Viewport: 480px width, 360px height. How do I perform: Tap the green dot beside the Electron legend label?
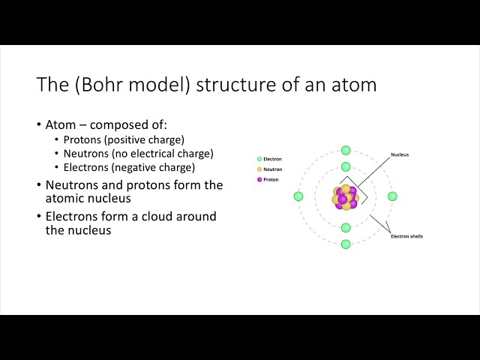tap(259, 159)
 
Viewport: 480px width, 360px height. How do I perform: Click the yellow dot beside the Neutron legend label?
tap(259, 169)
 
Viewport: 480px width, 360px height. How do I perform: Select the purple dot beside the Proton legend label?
tap(259, 180)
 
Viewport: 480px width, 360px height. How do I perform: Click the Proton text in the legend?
tap(271, 180)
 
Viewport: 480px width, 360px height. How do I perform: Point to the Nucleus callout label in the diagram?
tap(400, 155)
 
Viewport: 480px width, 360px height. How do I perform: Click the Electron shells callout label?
tap(407, 237)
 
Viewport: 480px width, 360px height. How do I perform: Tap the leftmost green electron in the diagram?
tap(298, 196)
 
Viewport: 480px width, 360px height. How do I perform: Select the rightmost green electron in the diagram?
tap(392, 196)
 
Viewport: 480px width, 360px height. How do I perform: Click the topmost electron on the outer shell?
tap(346, 151)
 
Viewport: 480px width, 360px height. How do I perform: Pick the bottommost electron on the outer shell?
tap(346, 244)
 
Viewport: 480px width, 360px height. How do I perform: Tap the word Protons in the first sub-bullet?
tap(83, 139)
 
